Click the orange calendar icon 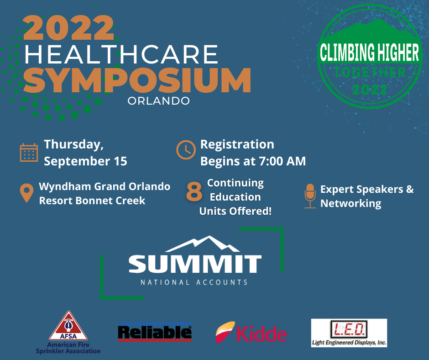click(29, 152)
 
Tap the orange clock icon click(186, 150)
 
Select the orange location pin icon click(26, 193)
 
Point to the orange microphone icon click(310, 196)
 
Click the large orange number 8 click(194, 192)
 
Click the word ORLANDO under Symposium click(159, 101)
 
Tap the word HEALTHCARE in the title click(121, 54)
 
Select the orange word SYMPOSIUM click(137, 80)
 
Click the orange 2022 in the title click(68, 28)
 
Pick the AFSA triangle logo click(68, 326)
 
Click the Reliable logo click(155, 332)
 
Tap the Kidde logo click(251, 332)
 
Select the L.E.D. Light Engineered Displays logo click(349, 333)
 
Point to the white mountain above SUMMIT click(203, 244)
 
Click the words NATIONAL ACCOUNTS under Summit click(194, 282)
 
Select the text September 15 click(86, 161)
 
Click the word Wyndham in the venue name click(65, 186)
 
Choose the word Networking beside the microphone click(351, 204)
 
